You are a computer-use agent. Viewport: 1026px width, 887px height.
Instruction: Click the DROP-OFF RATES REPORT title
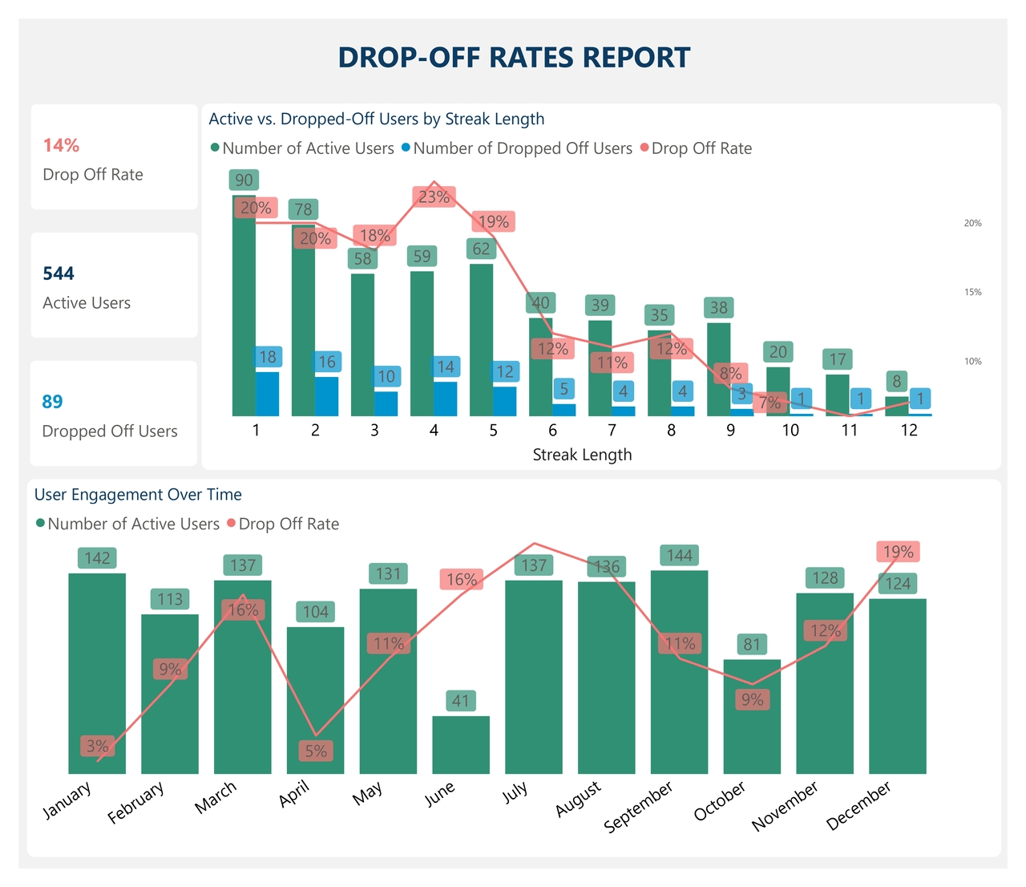pos(514,58)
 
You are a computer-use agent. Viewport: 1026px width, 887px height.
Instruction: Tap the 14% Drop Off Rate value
pos(61,145)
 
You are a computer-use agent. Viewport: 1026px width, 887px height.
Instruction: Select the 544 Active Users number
pos(59,273)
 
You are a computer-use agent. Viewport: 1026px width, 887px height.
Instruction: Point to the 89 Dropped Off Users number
pos(52,402)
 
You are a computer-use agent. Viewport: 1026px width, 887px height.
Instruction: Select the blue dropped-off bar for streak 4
pos(446,399)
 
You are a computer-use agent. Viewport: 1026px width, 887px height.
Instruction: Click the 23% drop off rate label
pos(434,196)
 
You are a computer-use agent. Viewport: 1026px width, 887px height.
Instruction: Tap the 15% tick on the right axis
pos(972,293)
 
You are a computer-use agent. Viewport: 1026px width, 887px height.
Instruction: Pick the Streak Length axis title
pos(582,455)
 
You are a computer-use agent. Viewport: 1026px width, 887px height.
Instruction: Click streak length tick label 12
pos(909,431)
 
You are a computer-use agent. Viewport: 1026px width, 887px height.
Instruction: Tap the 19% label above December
pos(898,552)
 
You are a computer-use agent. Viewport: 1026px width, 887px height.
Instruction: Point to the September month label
pos(639,807)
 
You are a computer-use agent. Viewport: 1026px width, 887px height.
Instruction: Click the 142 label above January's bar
pos(97,558)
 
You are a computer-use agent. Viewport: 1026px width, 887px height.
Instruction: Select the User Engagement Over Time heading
pos(138,495)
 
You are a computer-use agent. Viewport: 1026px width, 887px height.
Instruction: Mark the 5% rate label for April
pos(316,751)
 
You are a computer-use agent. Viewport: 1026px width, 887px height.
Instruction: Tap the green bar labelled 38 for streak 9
pos(718,369)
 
